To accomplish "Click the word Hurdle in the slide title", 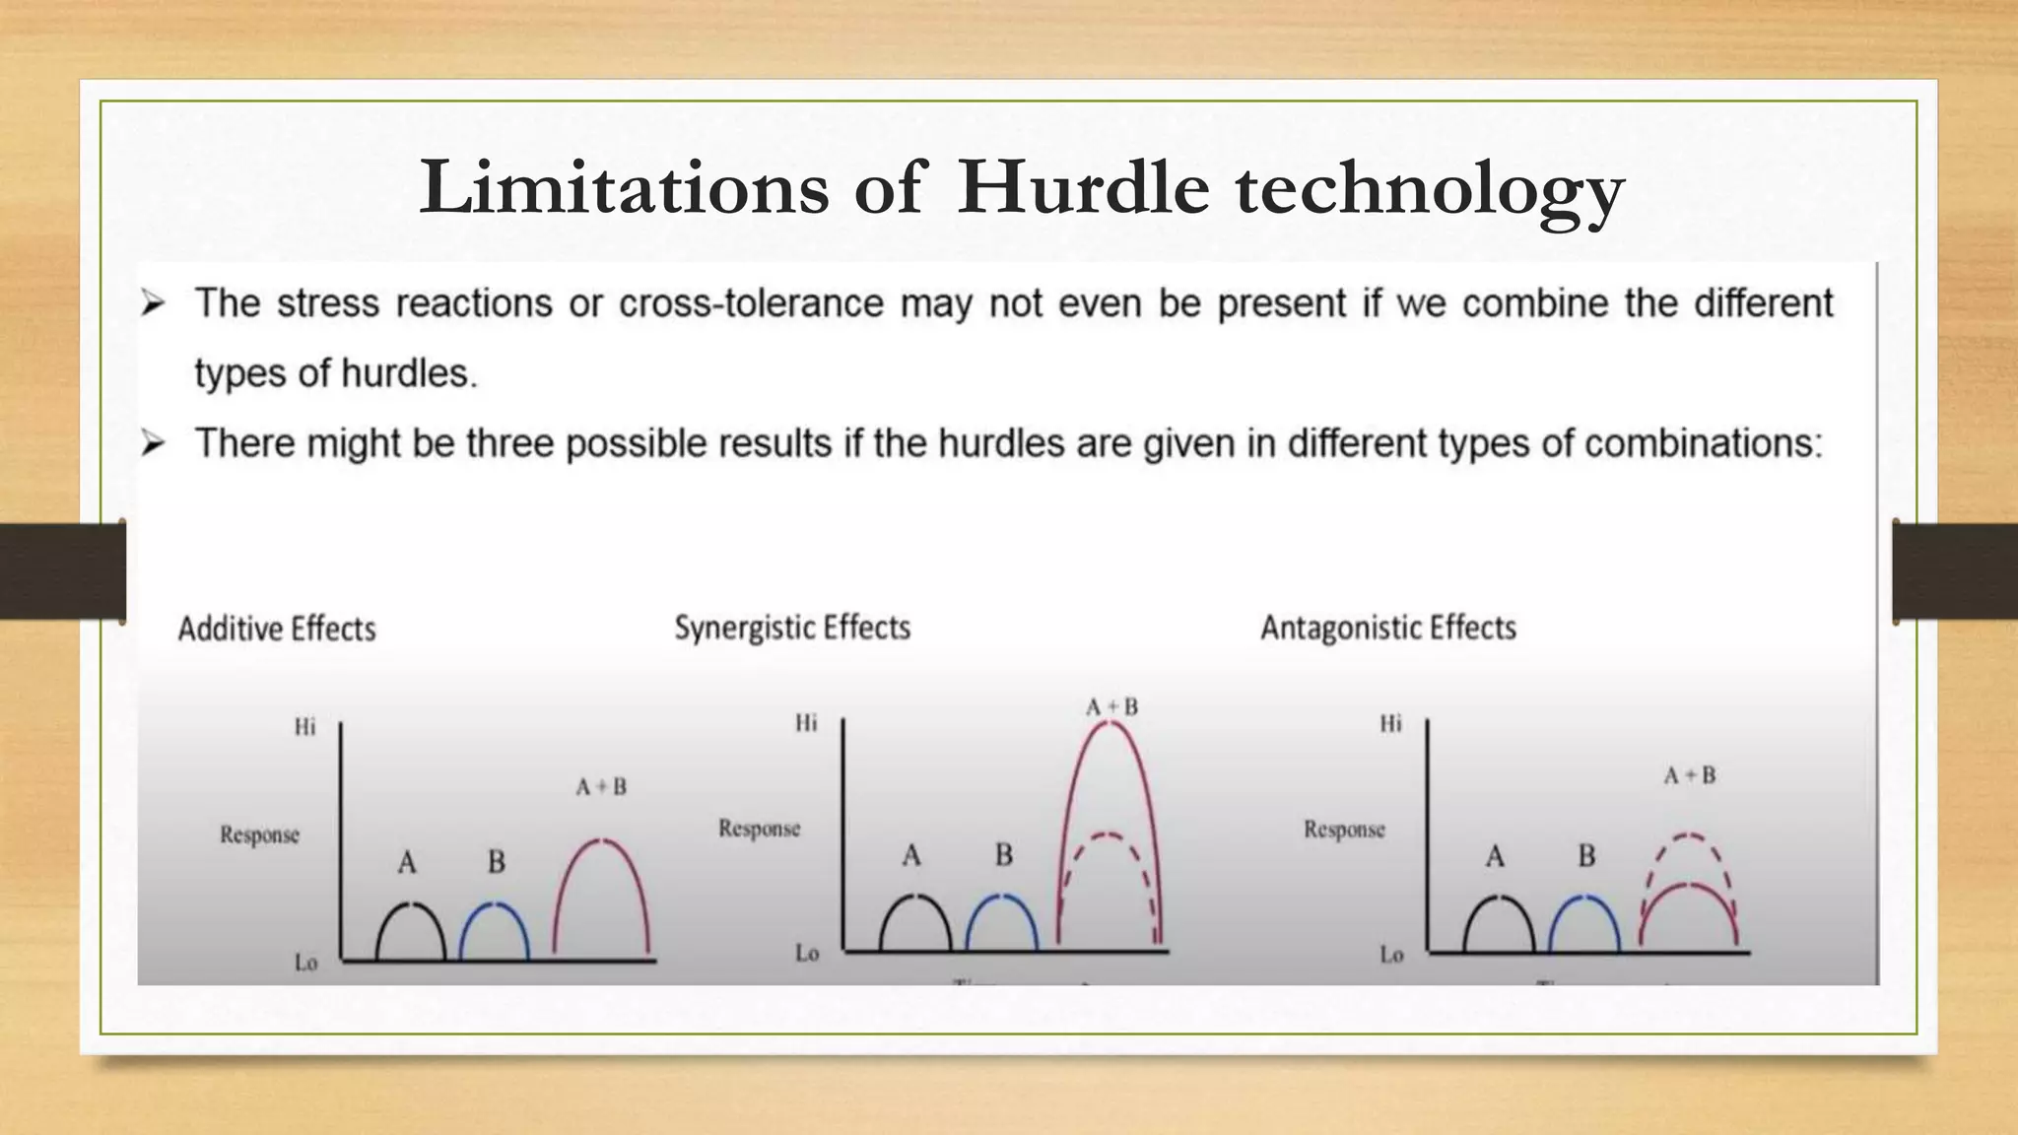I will (1082, 187).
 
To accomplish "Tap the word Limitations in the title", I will (624, 187).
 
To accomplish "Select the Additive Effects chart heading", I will (277, 629).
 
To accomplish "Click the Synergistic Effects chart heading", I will (792, 628).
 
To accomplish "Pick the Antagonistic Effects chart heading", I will (1387, 628).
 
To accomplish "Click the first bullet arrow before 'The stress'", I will (153, 303).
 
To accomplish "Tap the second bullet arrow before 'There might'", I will (153, 444).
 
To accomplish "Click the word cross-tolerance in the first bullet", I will (751, 303).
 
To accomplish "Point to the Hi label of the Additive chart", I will (304, 727).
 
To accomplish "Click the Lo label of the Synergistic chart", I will (807, 953).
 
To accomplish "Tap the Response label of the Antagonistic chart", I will (1344, 830).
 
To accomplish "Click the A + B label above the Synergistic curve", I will (1111, 707).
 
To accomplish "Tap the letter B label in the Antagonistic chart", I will (1586, 856).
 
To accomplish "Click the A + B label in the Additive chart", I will (601, 787).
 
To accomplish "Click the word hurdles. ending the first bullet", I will (409, 374).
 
